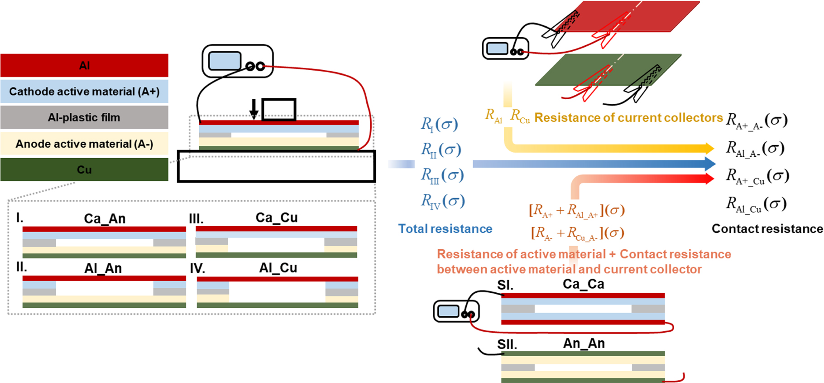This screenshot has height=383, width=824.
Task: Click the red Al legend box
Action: [x=84, y=66]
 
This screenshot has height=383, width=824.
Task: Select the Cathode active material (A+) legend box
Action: [x=84, y=92]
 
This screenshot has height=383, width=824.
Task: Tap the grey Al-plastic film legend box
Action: [x=84, y=117]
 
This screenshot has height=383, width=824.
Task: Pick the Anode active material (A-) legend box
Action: [x=84, y=144]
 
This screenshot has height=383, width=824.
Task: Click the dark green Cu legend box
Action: [x=84, y=170]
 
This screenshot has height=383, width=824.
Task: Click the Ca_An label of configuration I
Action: [x=105, y=218]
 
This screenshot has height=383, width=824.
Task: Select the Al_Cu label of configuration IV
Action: [x=278, y=268]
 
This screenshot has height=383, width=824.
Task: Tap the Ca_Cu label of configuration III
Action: [x=277, y=218]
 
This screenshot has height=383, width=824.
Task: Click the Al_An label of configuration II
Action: [x=103, y=268]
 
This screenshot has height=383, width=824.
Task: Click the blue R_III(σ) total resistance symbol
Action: [x=442, y=175]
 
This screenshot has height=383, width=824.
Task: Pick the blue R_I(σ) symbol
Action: [x=439, y=124]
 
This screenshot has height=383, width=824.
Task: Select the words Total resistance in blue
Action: [x=445, y=228]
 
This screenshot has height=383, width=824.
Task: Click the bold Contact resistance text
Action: [x=767, y=228]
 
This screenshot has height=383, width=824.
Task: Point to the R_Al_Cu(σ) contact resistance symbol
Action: [x=756, y=204]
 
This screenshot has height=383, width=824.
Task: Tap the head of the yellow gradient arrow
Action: [x=708, y=148]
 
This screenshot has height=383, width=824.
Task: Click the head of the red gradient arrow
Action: [x=708, y=179]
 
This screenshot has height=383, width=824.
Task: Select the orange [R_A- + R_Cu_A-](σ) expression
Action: [x=577, y=233]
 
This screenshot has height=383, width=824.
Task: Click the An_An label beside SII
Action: [x=584, y=344]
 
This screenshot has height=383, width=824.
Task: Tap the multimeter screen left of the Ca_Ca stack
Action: [x=448, y=311]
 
